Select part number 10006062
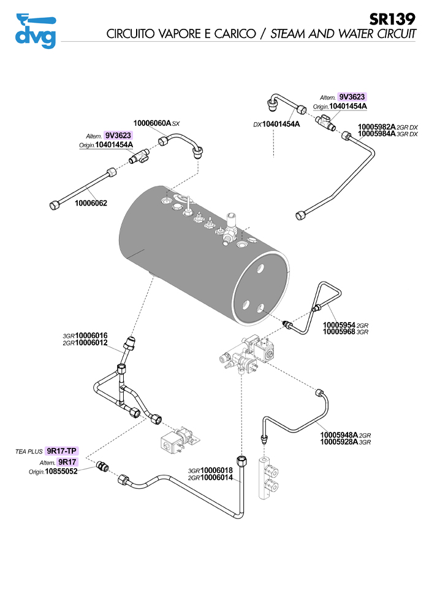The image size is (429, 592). (x=91, y=202)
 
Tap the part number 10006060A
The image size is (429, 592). (x=152, y=123)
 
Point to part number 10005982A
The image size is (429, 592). (x=377, y=126)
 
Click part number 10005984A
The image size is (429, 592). (x=377, y=134)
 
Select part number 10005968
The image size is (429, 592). (x=339, y=332)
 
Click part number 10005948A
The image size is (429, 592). (x=341, y=435)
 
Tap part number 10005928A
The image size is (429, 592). (x=341, y=442)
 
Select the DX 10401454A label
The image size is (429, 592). (x=281, y=125)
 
